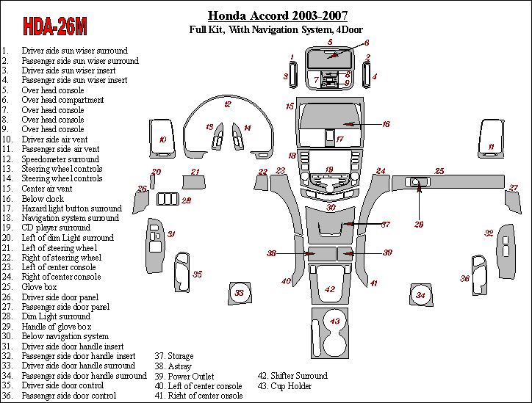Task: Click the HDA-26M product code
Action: [x=56, y=27]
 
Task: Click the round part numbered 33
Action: [x=239, y=294]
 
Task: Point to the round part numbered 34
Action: [x=420, y=295]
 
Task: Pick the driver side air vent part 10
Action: [x=163, y=138]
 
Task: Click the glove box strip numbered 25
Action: [x=448, y=182]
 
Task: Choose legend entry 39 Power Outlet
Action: [x=184, y=376]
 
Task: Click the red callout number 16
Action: [x=386, y=125]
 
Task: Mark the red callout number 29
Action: [x=419, y=224]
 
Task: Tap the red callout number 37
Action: [x=386, y=224]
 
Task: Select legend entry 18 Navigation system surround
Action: [x=70, y=218]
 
